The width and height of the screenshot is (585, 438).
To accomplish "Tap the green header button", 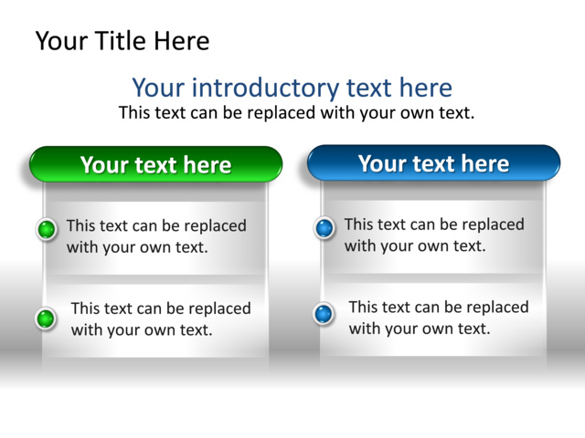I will point(155,164).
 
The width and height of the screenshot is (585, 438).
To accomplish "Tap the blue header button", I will point(433,162).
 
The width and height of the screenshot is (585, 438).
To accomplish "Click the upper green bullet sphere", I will point(47,229).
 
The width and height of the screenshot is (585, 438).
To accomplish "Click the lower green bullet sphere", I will point(46,318).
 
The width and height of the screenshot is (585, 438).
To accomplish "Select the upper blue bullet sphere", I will point(324,228).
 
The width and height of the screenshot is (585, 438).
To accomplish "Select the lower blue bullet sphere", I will point(324,314).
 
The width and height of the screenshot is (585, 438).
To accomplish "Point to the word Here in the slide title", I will point(182,41).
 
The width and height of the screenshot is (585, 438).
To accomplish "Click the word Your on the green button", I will point(103,165).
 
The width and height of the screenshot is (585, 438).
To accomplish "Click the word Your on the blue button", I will point(381,163).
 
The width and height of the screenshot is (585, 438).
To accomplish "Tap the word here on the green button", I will point(207,165).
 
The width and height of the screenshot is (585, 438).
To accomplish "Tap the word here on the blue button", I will point(485,163).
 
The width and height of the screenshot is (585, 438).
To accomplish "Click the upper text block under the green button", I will point(156,235).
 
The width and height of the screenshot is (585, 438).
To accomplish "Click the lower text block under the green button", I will point(160,319).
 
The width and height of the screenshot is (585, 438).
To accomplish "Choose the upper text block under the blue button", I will point(434,235).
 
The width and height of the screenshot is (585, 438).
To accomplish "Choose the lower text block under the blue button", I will point(438,318).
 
